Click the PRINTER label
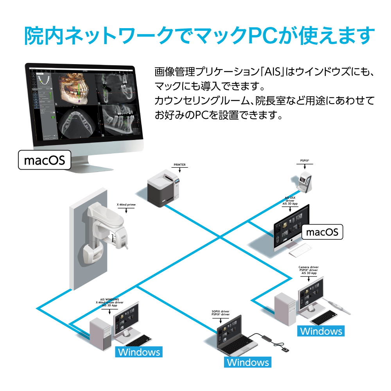(x=179, y=165)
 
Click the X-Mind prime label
(x=126, y=204)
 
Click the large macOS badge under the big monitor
(x=45, y=160)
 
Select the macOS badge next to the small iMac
(x=322, y=232)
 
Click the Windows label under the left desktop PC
(x=139, y=352)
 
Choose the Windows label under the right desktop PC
(x=321, y=331)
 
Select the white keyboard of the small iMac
(x=300, y=249)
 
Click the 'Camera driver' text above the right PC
(x=311, y=267)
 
